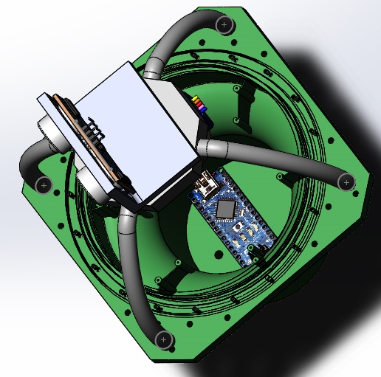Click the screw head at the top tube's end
[x=224, y=25]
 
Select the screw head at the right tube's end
[x=345, y=180]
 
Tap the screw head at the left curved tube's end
[x=43, y=184]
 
